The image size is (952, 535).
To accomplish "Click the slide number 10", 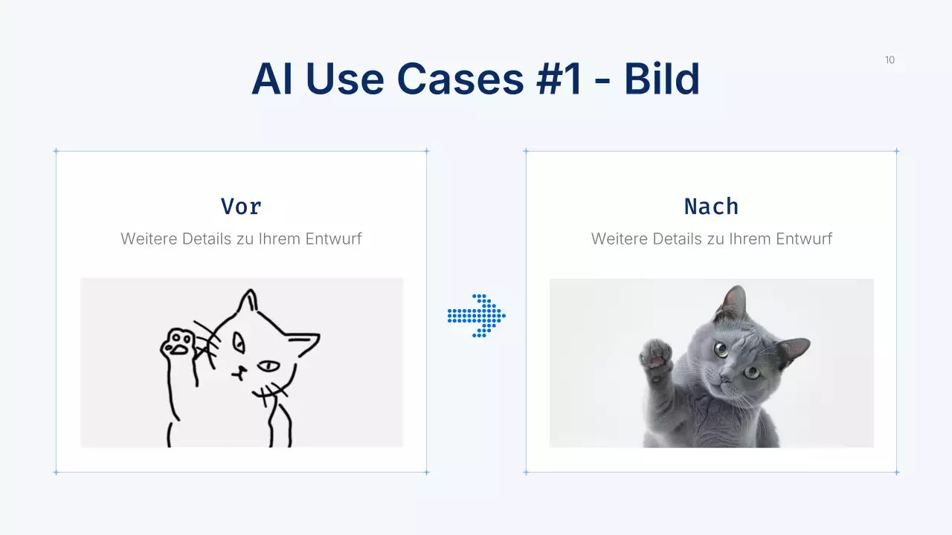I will point(890,60).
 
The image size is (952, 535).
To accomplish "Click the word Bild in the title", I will point(661,79).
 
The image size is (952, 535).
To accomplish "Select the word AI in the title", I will point(271,79).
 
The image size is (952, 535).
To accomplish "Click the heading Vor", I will point(241,206).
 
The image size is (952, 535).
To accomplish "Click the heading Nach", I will point(711,206).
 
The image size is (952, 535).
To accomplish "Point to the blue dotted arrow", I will point(477,316).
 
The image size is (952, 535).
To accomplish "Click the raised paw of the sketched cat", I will point(178,343).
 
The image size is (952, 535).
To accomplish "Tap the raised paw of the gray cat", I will point(656,352).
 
